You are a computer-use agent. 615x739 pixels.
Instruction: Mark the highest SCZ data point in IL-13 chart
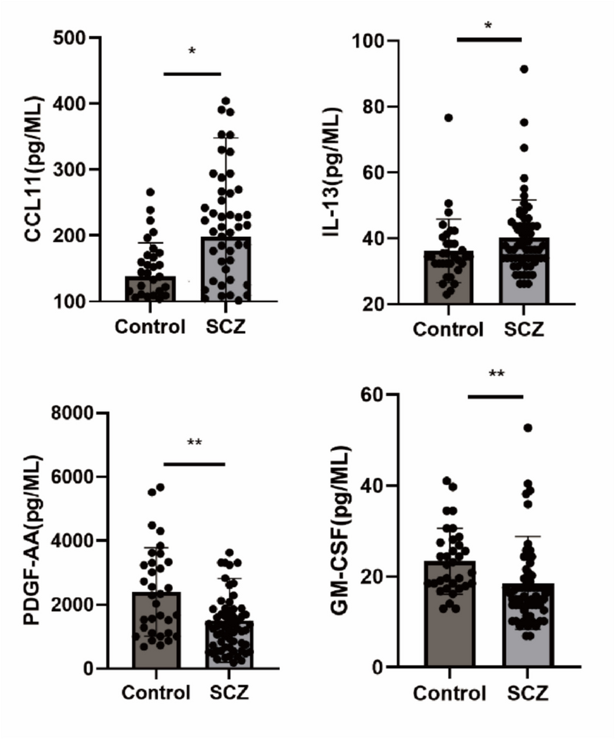[524, 69]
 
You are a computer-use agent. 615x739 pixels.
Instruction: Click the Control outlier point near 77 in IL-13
[448, 118]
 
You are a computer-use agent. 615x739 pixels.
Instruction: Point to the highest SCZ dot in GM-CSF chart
[527, 428]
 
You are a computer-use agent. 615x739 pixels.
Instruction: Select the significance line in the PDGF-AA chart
[194, 464]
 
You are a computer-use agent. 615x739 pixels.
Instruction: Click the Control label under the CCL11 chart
[150, 327]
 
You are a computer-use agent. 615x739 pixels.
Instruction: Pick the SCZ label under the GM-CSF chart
[528, 694]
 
